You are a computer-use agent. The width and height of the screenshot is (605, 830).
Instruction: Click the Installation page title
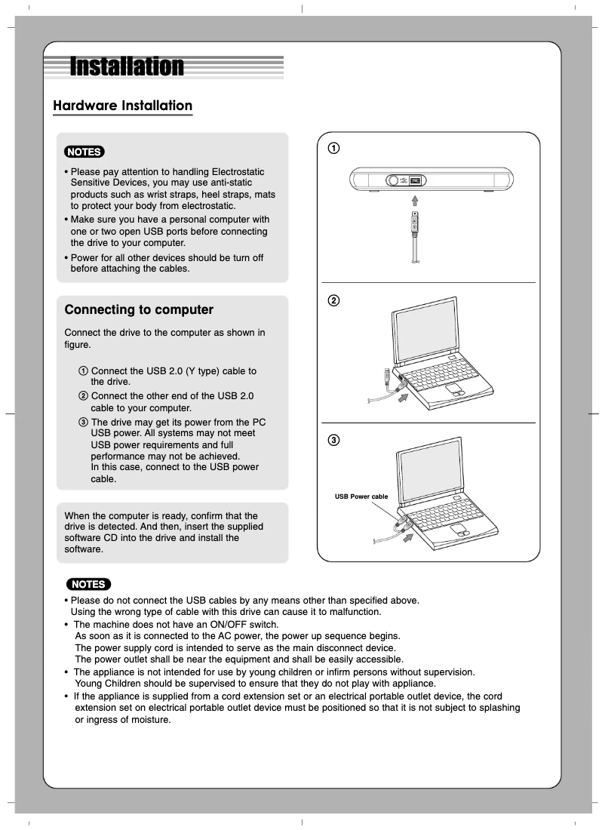tap(127, 67)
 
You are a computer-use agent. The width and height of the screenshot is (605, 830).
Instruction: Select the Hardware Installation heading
tap(122, 106)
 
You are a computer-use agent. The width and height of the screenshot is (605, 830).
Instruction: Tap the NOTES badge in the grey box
tap(84, 152)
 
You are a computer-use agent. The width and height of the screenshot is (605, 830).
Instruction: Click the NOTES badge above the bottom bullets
tap(88, 584)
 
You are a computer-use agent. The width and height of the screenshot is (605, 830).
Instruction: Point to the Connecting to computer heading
tap(139, 310)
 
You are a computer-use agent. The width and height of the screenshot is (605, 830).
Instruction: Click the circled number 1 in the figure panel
tap(332, 148)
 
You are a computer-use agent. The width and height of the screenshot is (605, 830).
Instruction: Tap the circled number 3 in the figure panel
tap(332, 440)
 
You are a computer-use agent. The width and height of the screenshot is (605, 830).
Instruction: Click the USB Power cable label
tap(361, 496)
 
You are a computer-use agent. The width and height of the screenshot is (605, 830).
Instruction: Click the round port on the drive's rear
tap(393, 181)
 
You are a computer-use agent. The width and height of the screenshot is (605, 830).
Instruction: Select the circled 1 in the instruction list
tap(83, 371)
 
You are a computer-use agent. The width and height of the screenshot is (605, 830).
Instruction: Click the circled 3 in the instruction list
tap(83, 421)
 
